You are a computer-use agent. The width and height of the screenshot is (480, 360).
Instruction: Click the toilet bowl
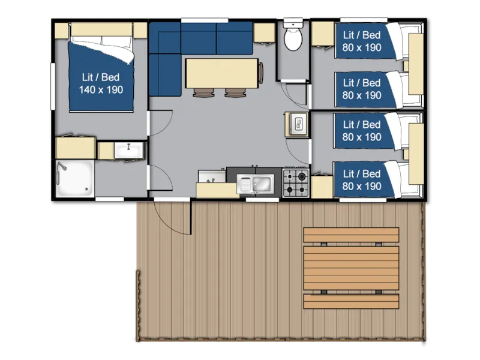(293, 41)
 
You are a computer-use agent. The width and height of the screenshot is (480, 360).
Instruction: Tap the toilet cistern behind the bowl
(293, 25)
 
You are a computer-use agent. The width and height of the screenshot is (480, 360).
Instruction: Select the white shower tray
(75, 178)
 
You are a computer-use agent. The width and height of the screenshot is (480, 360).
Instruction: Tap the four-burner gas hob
(295, 182)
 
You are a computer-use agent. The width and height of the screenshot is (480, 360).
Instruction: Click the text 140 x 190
(101, 90)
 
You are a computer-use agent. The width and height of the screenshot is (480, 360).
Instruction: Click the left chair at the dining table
(203, 92)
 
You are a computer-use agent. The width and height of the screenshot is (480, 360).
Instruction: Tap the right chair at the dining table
(235, 92)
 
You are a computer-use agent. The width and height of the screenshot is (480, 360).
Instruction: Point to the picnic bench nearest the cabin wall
(351, 234)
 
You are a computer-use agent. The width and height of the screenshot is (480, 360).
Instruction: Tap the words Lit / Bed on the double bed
(101, 77)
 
